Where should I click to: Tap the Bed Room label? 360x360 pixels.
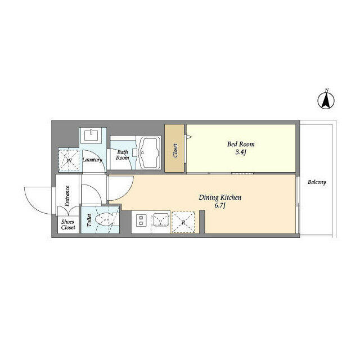(237, 145)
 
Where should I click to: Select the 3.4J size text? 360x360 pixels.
(237, 153)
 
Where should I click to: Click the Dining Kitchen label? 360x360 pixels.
(220, 197)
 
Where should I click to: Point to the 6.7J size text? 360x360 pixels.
(220, 206)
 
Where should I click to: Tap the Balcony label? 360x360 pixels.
(317, 182)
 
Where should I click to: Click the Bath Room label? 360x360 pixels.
(123, 155)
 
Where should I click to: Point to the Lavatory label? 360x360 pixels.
(92, 160)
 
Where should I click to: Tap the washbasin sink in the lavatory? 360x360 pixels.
(92, 136)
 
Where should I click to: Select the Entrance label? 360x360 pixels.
(66, 196)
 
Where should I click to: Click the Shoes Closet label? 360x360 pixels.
(68, 224)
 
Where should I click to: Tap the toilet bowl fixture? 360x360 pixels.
(105, 220)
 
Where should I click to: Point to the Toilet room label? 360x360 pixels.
(89, 220)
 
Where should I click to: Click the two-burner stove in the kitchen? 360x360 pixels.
(140, 221)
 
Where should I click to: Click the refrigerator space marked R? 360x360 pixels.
(183, 221)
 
